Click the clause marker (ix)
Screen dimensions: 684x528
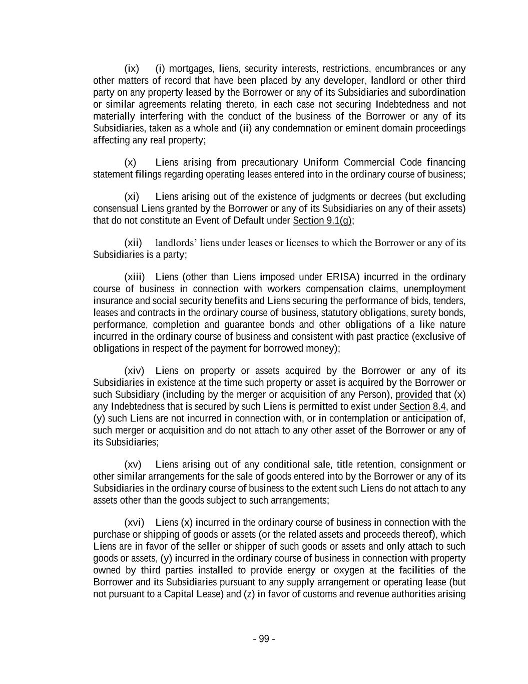click(x=132, y=69)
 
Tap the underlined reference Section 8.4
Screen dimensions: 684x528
click(x=422, y=406)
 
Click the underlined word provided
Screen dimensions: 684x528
click(x=413, y=394)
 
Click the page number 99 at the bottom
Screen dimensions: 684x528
click(x=264, y=639)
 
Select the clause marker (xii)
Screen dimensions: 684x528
click(x=133, y=243)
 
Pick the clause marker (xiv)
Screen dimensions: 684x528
click(x=134, y=371)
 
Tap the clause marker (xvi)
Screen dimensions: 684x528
click(x=134, y=523)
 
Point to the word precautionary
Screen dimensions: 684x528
click(x=270, y=162)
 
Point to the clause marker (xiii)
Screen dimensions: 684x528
click(x=135, y=277)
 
